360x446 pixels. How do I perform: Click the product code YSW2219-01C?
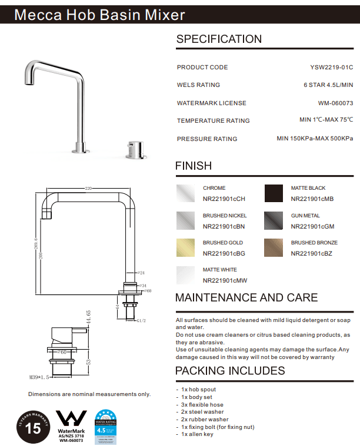[331, 68]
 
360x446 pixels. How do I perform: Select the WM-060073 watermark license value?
[335, 103]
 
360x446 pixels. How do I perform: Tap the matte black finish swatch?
[274, 193]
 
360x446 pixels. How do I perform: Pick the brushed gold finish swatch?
[186, 247]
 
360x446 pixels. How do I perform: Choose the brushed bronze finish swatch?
[274, 247]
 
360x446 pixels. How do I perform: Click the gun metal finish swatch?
[274, 220]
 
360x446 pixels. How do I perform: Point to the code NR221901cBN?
[224, 226]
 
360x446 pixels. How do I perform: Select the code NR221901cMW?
[224, 280]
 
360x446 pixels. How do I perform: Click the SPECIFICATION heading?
[219, 39]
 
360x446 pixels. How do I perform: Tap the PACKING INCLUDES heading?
[230, 371]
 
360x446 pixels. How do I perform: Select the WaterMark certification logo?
[71, 425]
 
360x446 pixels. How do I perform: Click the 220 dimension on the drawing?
[89, 189]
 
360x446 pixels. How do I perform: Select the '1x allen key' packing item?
[196, 434]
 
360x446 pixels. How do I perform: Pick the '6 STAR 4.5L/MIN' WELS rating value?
[328, 85]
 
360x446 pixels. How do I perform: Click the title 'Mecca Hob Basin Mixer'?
[99, 15]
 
